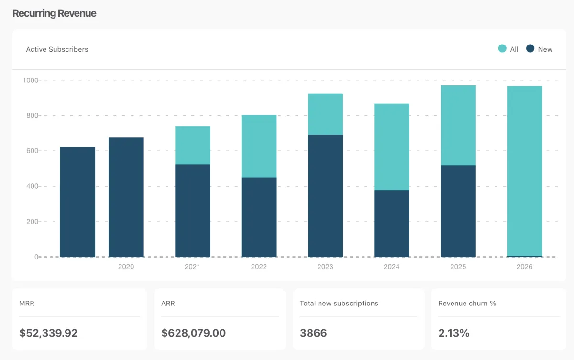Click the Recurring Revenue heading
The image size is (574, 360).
click(54, 13)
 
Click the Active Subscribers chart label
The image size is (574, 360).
click(57, 49)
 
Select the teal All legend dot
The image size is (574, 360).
click(502, 49)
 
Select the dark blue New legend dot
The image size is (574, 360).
click(530, 49)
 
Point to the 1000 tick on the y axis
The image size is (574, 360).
click(30, 80)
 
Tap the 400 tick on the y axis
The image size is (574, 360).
click(32, 186)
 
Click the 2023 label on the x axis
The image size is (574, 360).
click(325, 267)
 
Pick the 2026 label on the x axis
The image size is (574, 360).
click(524, 267)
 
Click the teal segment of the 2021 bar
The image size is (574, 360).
click(193, 145)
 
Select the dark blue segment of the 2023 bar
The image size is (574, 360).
click(325, 196)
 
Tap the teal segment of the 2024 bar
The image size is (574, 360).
click(392, 147)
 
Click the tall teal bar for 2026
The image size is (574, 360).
click(524, 171)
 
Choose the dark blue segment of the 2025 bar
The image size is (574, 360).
click(458, 211)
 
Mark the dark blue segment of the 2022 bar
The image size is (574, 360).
click(259, 217)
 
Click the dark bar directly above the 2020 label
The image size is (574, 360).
click(126, 197)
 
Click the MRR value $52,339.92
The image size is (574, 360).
click(48, 333)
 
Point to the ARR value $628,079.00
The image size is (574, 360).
click(193, 333)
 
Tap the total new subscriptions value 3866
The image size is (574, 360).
click(313, 333)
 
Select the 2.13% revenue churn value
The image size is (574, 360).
click(454, 333)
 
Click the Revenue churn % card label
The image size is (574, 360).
click(467, 304)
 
